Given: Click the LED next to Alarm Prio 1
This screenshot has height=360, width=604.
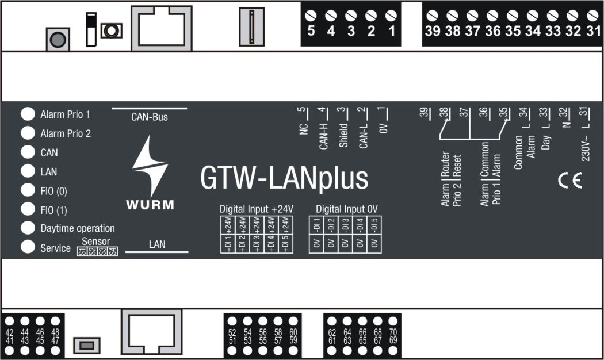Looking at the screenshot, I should click(27, 114).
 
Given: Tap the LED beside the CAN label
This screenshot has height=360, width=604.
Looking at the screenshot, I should click(27, 152).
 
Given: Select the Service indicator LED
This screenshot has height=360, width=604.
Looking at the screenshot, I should click(27, 247).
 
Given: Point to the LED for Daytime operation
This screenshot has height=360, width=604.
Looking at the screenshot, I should click(27, 228).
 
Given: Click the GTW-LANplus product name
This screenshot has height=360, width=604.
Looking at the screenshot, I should click(284, 178).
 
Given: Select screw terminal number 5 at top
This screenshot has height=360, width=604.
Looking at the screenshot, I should click(311, 15).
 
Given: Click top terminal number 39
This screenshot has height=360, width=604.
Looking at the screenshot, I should click(432, 15).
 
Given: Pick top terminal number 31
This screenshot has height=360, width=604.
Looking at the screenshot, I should click(592, 15).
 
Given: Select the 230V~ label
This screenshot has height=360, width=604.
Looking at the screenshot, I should click(585, 149).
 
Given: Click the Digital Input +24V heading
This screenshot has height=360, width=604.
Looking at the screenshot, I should click(257, 209).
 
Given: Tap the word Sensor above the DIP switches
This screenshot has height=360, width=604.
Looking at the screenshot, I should click(96, 241).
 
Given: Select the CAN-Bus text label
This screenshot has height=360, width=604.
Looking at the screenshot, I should click(150, 117).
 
